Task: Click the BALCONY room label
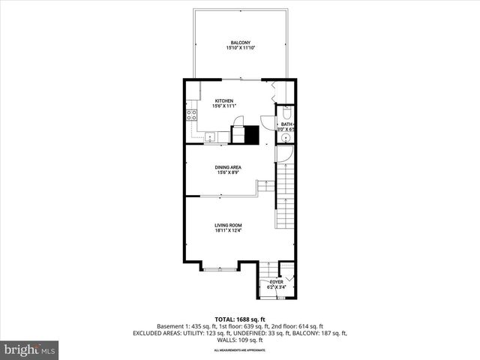[240, 43]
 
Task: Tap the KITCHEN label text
[224, 101]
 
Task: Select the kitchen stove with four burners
[192, 115]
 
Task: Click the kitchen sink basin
[211, 136]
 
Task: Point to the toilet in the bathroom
[286, 114]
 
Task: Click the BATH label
[286, 124]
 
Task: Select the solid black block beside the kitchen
[252, 135]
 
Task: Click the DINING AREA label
[228, 168]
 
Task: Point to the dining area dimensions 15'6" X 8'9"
[228, 174]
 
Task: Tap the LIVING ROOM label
[228, 225]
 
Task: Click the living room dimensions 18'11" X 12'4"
[228, 231]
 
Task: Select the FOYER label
[277, 282]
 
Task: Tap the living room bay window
[220, 268]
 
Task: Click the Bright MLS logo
[30, 349]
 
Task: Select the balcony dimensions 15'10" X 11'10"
[240, 49]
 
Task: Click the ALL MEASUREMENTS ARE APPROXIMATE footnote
[240, 350]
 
